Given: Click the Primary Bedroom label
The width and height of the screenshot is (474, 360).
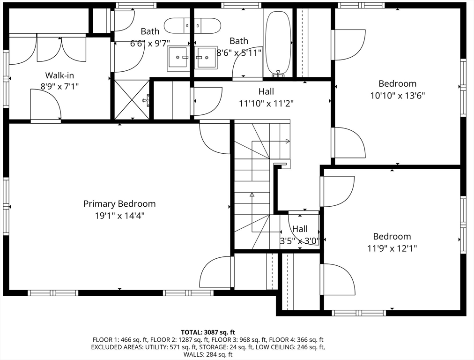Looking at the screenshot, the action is (x=119, y=203).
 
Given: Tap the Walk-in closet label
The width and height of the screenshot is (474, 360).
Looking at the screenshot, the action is (x=59, y=75).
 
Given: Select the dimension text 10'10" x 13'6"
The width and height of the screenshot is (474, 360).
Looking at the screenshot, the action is (x=398, y=96).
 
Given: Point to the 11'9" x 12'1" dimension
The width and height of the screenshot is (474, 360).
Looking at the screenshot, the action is (x=392, y=248).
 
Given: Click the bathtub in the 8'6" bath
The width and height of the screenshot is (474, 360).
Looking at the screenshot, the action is (x=278, y=44).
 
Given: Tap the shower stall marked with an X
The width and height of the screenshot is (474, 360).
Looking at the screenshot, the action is (x=132, y=99).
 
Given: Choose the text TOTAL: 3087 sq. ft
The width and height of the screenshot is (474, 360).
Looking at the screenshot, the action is (x=208, y=332).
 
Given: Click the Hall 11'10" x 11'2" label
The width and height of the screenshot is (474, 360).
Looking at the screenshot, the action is (x=267, y=97).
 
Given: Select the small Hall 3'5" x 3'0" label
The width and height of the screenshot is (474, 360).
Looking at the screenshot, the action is (x=300, y=235).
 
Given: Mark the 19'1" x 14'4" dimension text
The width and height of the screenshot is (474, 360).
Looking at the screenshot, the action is (x=120, y=216).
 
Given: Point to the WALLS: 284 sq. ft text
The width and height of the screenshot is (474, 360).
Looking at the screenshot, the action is (x=208, y=354).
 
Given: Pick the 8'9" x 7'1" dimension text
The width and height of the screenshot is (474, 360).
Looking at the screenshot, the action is (x=59, y=87).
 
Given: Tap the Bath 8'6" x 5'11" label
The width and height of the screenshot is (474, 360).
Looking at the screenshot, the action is (x=239, y=47).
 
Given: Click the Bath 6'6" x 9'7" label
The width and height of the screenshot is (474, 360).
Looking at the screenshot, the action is (x=150, y=37).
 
